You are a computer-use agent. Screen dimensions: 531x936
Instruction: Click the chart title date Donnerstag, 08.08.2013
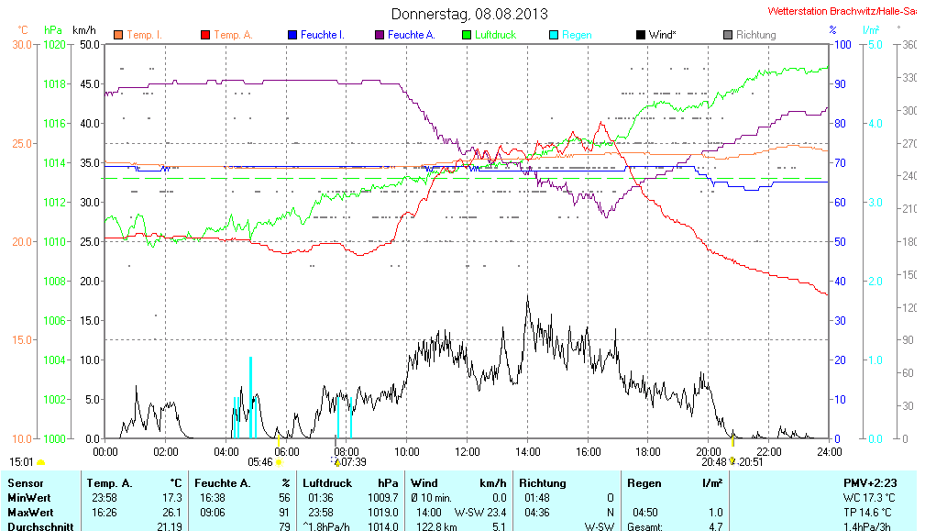(x=469, y=14)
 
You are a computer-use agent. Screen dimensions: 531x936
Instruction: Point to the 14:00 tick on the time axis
(x=527, y=451)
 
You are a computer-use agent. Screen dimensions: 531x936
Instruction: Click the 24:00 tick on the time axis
(x=829, y=451)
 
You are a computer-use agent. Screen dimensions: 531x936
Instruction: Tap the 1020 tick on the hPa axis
(x=55, y=44)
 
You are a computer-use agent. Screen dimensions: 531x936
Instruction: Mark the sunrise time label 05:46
(x=260, y=462)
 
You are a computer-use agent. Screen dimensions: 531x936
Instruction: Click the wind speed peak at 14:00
(x=527, y=297)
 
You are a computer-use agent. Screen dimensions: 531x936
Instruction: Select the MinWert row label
(x=28, y=497)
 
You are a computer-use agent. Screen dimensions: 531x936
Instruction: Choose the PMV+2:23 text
(x=872, y=482)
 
